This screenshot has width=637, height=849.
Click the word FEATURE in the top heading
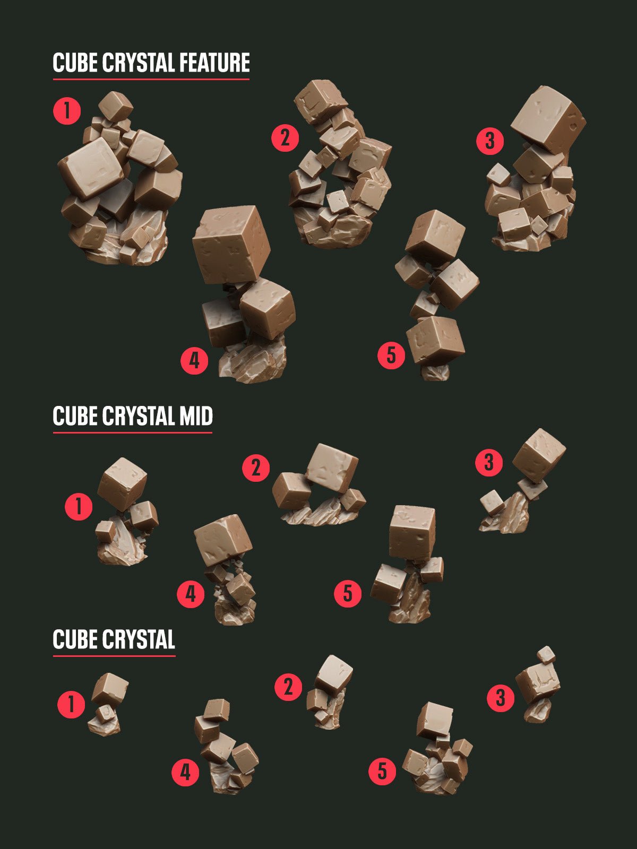click(x=214, y=63)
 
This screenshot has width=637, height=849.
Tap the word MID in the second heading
click(x=195, y=416)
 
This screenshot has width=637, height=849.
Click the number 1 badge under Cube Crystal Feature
click(x=67, y=111)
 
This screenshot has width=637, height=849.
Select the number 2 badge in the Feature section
click(x=285, y=138)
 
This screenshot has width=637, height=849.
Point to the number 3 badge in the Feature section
click(x=489, y=141)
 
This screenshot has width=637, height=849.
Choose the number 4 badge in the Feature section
click(x=194, y=361)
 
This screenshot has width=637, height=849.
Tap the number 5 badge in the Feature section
click(x=391, y=354)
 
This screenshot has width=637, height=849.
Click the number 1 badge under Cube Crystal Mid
click(x=79, y=506)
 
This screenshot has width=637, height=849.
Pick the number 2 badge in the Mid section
click(x=256, y=468)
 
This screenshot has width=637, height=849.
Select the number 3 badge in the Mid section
click(x=489, y=462)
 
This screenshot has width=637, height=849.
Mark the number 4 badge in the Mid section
click(x=191, y=594)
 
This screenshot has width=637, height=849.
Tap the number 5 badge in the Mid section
click(x=348, y=593)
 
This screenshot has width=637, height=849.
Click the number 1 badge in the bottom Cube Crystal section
click(x=71, y=704)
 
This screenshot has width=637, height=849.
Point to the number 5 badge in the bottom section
click(x=383, y=771)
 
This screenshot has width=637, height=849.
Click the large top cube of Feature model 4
click(x=231, y=244)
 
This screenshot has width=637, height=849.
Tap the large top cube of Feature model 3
click(x=548, y=119)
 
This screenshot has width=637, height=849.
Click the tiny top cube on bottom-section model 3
click(x=546, y=655)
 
